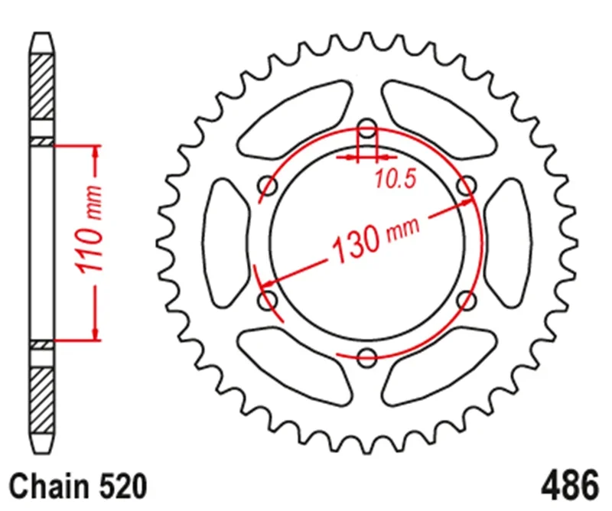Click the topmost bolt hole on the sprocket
point(368,127)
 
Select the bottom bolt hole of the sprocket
point(368,355)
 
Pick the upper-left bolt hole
point(269,184)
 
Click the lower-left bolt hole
point(269,299)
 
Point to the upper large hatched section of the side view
point(43,86)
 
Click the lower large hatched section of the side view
point(43,398)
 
